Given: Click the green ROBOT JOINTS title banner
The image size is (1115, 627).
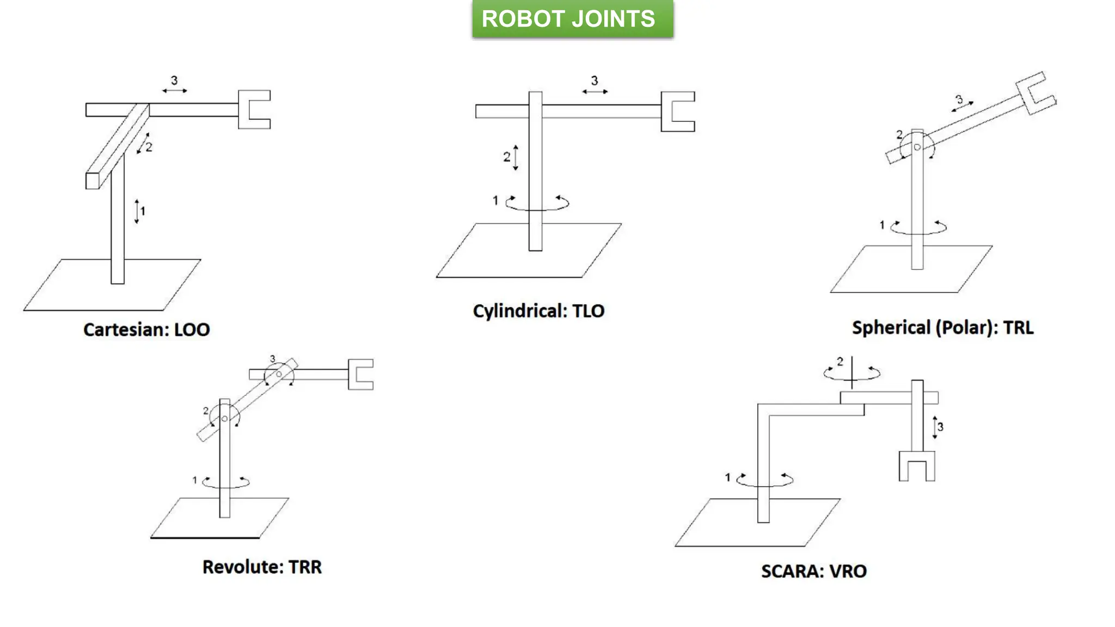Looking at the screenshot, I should (x=572, y=19).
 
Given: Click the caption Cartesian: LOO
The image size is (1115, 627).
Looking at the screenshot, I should (x=146, y=329).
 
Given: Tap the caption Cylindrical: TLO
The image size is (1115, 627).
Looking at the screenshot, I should (x=538, y=311).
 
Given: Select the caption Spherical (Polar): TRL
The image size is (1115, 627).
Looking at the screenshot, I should (x=942, y=328).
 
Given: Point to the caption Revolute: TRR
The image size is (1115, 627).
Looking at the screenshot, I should (x=262, y=567).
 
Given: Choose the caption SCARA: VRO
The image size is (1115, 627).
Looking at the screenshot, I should (x=813, y=571).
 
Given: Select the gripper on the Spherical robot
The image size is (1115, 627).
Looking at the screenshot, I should (x=1035, y=93).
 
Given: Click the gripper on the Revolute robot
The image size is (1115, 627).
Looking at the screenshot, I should (x=359, y=374).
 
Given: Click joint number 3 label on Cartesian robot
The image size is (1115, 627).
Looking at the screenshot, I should (x=174, y=81).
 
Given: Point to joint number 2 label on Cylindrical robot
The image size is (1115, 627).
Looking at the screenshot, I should (x=507, y=157).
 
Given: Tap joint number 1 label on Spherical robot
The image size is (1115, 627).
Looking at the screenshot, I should (x=882, y=225).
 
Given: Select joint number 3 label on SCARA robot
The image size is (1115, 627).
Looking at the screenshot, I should (x=940, y=427).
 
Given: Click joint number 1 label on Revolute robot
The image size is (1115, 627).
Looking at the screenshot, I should (x=194, y=480).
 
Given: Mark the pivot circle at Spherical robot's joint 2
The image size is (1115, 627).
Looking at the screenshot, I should (x=917, y=147).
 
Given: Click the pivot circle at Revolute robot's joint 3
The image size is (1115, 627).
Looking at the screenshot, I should (x=279, y=374).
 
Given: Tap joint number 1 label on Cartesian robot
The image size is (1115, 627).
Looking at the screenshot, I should (x=143, y=211).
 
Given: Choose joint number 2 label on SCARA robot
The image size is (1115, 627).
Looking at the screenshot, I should (x=840, y=361).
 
